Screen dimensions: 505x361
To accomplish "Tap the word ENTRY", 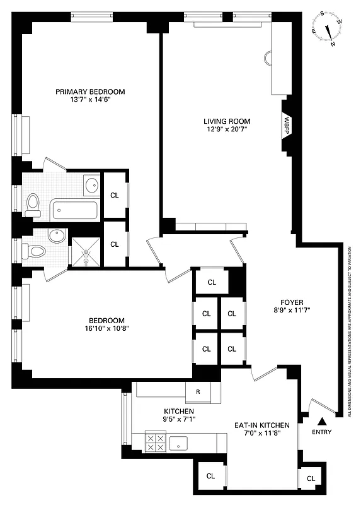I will click(x=322, y=432).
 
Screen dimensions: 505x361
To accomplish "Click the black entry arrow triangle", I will click(x=323, y=421).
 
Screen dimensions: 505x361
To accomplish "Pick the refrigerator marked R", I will click(x=198, y=392).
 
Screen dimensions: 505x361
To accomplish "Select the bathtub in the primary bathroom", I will click(x=75, y=208).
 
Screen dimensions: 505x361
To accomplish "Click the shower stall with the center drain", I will click(x=85, y=251).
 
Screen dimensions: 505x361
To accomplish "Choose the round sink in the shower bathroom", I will click(x=57, y=235).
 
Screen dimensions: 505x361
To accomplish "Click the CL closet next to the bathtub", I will click(x=114, y=195).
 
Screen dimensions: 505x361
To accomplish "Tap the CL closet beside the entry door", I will click(x=311, y=478).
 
